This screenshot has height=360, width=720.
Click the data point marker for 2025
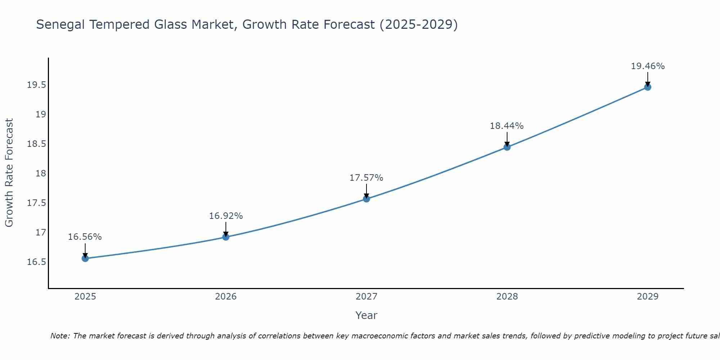click(85, 258)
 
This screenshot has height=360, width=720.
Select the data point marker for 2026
click(226, 237)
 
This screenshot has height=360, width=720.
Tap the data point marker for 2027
click(366, 199)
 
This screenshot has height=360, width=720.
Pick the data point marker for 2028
click(507, 147)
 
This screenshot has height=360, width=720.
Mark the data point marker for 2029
click(648, 87)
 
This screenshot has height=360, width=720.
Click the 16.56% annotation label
click(85, 237)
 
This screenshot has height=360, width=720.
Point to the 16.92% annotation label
click(226, 216)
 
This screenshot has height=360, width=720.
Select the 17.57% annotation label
click(366, 178)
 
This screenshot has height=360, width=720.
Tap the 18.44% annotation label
click(507, 126)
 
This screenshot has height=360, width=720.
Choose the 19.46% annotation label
click(648, 66)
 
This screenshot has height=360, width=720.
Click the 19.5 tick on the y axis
click(36, 85)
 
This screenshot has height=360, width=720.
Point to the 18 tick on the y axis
click(41, 174)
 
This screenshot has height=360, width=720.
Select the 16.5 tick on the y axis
click(36, 262)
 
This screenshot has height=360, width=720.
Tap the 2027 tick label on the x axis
click(366, 297)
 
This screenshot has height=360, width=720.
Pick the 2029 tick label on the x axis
click(648, 297)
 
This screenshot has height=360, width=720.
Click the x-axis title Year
click(366, 315)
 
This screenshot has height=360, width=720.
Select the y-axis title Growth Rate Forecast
click(9, 173)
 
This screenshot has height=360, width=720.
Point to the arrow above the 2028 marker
click(507, 139)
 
